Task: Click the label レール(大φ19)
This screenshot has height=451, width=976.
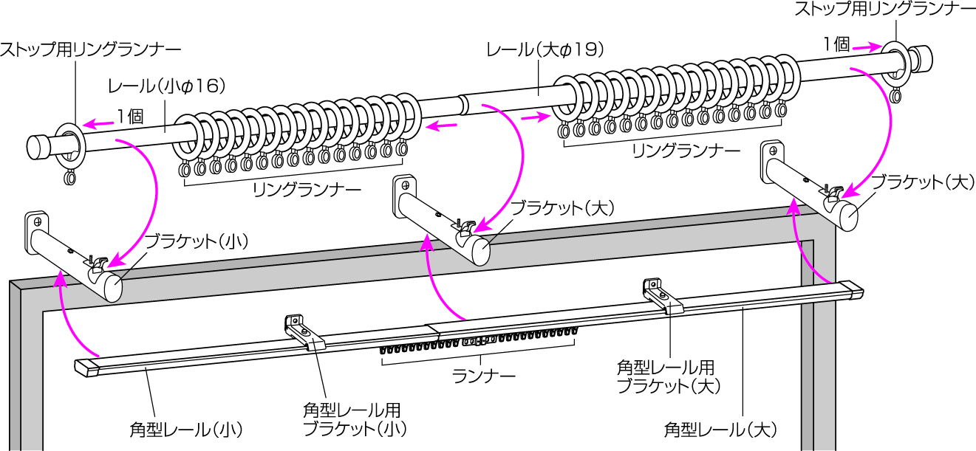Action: (545, 50)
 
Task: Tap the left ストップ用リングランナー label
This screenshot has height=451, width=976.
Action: (90, 50)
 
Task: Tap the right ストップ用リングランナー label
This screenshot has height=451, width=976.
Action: (884, 10)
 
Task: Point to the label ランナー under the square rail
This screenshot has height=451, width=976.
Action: (483, 375)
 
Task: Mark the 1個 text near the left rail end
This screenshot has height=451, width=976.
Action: (129, 116)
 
